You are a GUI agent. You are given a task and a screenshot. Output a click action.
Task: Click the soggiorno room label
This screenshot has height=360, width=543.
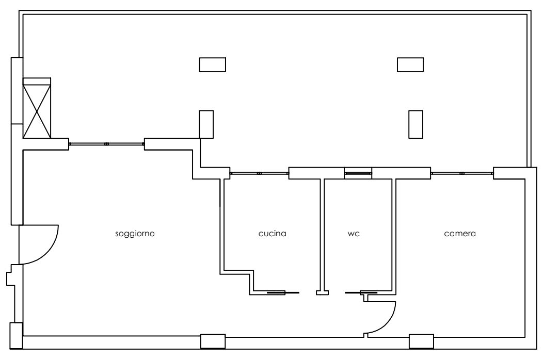tap(135, 234)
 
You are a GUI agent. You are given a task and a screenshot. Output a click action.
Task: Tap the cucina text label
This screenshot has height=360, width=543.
tap(272, 233)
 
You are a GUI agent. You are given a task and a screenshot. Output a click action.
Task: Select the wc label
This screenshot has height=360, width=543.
tap(354, 234)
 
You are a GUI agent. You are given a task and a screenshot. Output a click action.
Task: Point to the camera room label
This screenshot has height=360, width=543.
tap(460, 234)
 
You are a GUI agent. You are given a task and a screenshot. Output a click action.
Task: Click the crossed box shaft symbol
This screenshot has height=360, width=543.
tap(37, 108)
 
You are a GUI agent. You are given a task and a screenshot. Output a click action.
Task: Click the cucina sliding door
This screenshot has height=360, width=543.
tap(282, 293)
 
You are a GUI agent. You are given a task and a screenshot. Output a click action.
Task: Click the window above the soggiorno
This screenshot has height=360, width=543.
tap(106, 144)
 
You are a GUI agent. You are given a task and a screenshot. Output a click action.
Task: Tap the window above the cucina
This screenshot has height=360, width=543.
tap(259, 173)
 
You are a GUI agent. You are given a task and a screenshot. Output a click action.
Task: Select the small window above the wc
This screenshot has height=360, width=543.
tap(358, 173)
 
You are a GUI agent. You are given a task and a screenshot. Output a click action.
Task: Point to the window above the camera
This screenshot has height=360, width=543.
tap(462, 173)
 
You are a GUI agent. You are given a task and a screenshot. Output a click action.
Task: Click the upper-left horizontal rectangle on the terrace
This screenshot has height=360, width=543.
tap(213, 65)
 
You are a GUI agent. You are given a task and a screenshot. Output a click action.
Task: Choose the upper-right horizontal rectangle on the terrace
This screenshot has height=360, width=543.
tap(410, 65)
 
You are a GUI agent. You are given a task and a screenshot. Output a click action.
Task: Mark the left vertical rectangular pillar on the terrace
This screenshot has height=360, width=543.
tap(206, 124)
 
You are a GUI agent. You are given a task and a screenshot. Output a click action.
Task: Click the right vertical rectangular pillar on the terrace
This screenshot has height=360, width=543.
tap(416, 124)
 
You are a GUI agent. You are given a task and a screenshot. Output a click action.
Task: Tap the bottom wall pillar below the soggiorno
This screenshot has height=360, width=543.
tap(213, 341)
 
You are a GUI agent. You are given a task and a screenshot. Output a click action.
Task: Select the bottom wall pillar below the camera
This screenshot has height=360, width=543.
tap(422, 341)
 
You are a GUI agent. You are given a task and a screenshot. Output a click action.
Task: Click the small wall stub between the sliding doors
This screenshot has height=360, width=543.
tap(322, 292)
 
